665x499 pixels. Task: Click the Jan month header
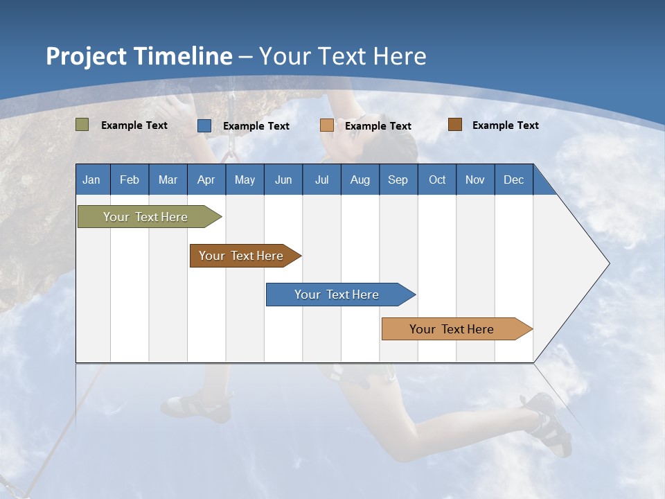click(x=91, y=180)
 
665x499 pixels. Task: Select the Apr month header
click(x=206, y=180)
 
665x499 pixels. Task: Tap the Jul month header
click(x=321, y=180)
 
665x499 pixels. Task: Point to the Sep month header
click(x=398, y=180)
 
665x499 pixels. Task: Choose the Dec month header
click(x=513, y=180)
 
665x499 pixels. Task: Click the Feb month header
click(x=130, y=180)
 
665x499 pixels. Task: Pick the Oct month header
click(x=437, y=180)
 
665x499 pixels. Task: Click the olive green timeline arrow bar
click(x=145, y=217)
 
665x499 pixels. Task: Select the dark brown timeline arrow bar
click(x=242, y=256)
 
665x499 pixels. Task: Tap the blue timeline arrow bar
click(x=337, y=295)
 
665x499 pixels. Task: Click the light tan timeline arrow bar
click(x=452, y=329)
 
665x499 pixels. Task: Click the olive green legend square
click(x=82, y=125)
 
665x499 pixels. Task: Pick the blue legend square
click(x=204, y=125)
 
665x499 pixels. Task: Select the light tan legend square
click(x=327, y=125)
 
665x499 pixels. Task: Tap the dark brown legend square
click(x=455, y=125)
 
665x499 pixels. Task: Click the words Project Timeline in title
click(x=139, y=56)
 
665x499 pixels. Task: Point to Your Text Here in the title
click(x=342, y=56)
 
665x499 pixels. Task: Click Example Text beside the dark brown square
click(x=505, y=125)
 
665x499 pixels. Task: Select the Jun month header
click(x=283, y=180)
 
